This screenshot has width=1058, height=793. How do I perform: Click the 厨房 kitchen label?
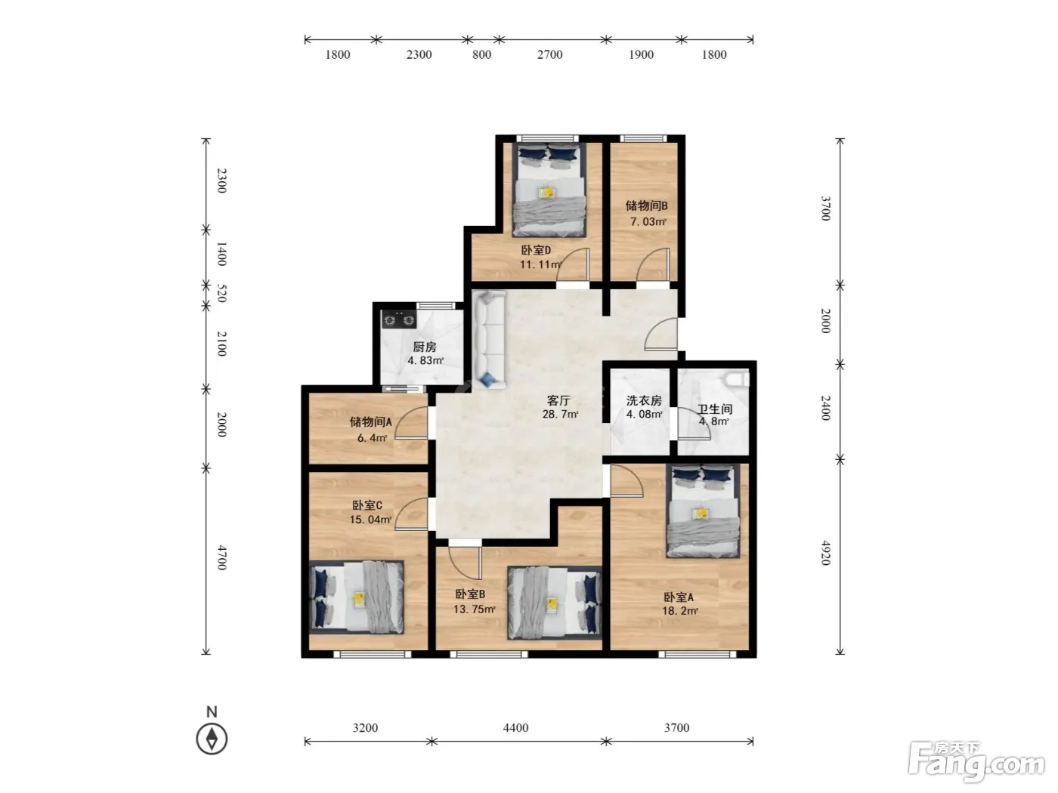tap(424, 347)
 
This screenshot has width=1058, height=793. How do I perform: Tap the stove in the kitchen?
tap(398, 319)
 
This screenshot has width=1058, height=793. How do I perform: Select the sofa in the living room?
tap(488, 339)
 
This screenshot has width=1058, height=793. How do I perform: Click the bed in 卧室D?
tap(549, 190)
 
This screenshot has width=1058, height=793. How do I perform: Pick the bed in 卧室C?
tap(356, 597)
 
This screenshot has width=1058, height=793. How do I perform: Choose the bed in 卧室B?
tap(555, 603)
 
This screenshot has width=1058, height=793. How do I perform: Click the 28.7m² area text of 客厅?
tap(560, 414)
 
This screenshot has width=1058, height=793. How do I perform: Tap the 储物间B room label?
tap(646, 205)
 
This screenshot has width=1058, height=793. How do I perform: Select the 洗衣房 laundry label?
tap(643, 400)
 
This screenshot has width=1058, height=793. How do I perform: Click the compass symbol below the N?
tap(212, 739)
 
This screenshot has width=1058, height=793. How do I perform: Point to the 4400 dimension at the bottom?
tap(515, 727)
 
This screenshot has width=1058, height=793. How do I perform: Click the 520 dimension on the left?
tap(221, 293)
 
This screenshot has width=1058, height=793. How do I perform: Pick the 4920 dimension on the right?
tap(825, 553)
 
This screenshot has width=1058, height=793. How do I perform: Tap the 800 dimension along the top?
tap(481, 55)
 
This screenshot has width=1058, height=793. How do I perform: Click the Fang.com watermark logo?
tap(976, 764)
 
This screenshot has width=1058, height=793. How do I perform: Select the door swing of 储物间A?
tap(411, 423)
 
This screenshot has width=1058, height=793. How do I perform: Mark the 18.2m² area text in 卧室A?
tap(679, 611)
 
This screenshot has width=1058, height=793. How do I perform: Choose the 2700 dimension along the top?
tap(549, 55)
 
